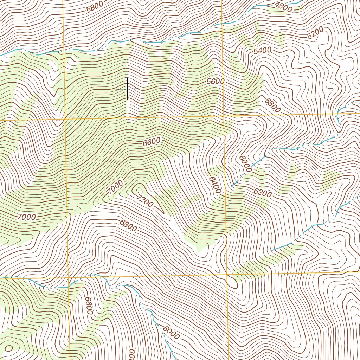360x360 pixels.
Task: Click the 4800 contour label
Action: coord(283,7)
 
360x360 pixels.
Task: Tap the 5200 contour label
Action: coord(315,34)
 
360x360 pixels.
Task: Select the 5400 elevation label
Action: coord(262,51)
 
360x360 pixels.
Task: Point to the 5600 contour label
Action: coord(215,82)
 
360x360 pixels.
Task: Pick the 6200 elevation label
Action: coord(262,193)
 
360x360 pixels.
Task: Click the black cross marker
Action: coord(127,89)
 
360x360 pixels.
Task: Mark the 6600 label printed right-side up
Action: coord(152,142)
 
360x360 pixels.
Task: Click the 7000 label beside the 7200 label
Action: coord(115,187)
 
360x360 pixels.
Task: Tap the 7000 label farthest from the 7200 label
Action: coord(26,217)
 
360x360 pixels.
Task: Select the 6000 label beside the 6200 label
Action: coord(245,164)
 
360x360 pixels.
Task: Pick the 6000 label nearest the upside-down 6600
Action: coord(171,333)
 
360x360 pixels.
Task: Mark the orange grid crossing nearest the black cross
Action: coord(65,120)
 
